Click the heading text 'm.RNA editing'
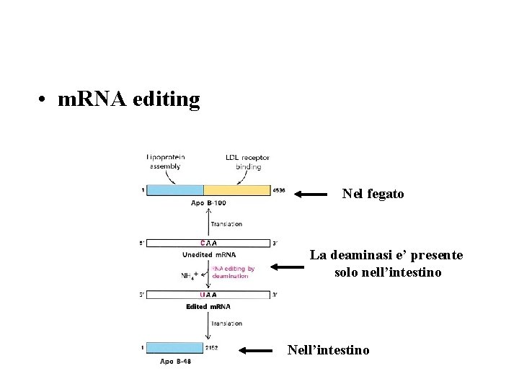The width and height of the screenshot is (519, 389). point(128,99)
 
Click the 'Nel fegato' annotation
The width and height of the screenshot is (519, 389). point(373,194)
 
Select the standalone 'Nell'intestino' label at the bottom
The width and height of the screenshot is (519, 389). point(328,350)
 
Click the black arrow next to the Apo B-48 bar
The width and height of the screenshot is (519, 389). point(255,351)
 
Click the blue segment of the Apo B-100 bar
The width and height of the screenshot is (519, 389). point(174,190)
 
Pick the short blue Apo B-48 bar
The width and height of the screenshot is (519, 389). point(174,347)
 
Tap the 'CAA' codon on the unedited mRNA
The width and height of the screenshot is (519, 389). point(210,243)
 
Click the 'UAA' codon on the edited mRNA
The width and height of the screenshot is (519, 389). point(208,295)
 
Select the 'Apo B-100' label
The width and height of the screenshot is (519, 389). point(208,202)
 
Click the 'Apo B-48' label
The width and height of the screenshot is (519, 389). point(175,360)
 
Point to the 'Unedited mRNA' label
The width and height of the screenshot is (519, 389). point(209,254)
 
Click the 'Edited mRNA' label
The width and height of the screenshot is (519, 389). point(208,306)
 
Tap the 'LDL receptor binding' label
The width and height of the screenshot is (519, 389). point(247,161)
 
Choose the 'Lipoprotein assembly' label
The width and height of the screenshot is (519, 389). point(165,161)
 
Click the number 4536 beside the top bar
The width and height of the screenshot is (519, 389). point(279,190)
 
